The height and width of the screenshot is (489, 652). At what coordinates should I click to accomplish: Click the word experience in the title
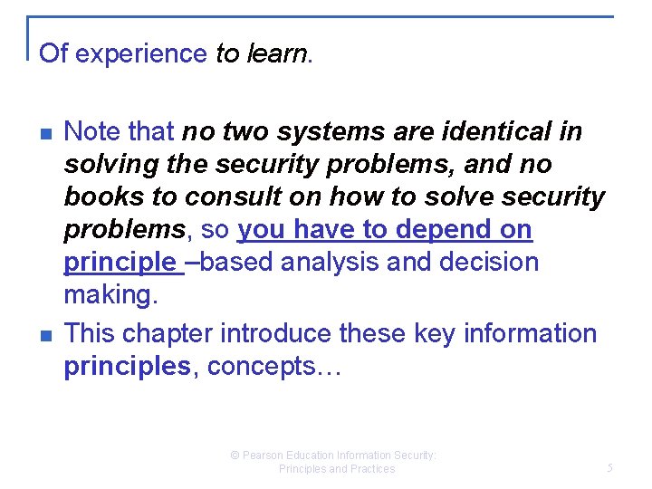pyautogui.click(x=141, y=54)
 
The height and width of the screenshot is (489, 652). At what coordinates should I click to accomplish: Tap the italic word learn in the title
pyautogui.click(x=276, y=53)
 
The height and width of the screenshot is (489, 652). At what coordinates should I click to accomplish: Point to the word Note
pyautogui.click(x=92, y=132)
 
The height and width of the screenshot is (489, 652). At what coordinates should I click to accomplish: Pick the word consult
pyautogui.click(x=219, y=197)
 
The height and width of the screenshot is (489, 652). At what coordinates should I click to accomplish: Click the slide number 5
pyautogui.click(x=609, y=468)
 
